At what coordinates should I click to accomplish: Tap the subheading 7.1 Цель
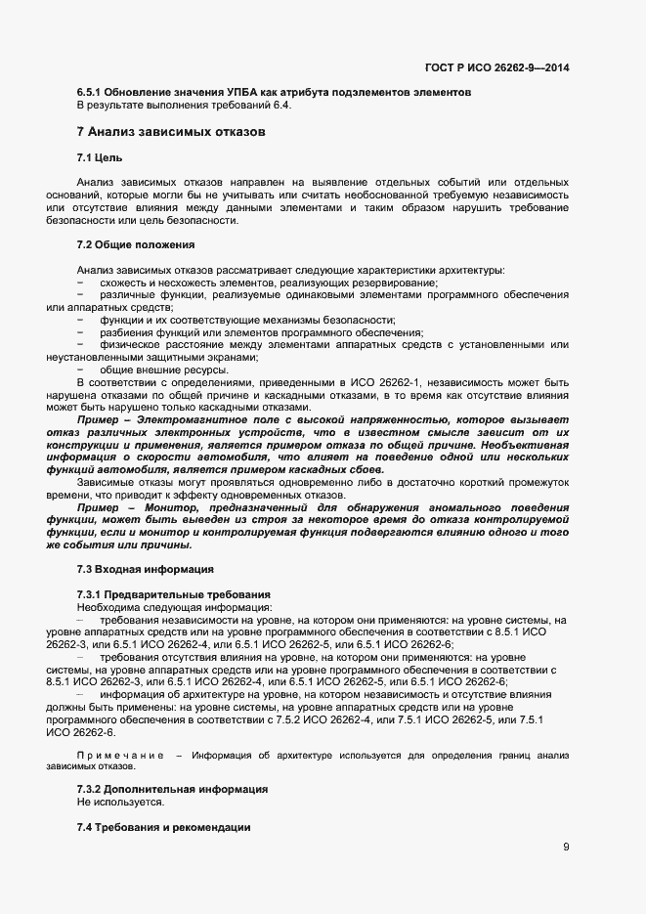tap(100, 157)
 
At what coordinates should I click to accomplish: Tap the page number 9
tap(566, 847)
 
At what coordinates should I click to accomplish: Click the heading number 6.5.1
tap(90, 93)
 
